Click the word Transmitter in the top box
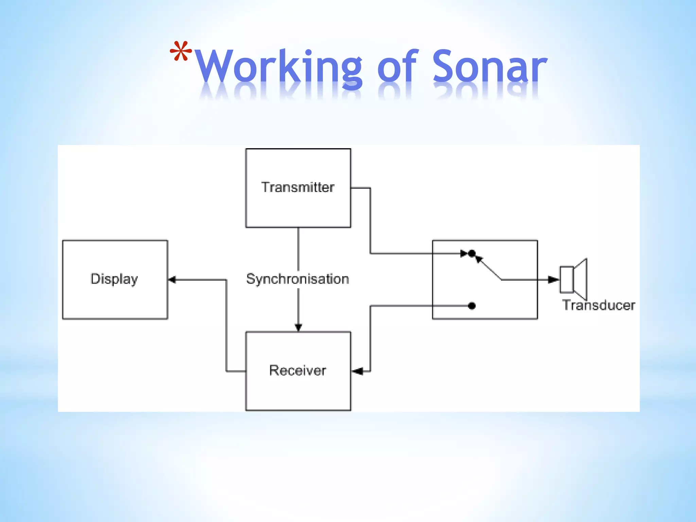coord(298,187)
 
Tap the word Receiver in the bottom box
coord(298,370)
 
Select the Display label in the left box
coord(114,279)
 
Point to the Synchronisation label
coord(298,279)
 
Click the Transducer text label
coord(598,305)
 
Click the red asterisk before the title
coord(181,52)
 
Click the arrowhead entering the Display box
coord(172,280)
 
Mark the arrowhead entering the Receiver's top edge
coord(298,327)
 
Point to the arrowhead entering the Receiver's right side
coord(357,371)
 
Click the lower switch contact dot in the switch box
coord(472,306)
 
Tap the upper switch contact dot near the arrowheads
coord(472,253)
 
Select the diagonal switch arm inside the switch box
coord(489,269)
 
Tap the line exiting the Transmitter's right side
coord(361,188)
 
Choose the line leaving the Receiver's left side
coord(236,371)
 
